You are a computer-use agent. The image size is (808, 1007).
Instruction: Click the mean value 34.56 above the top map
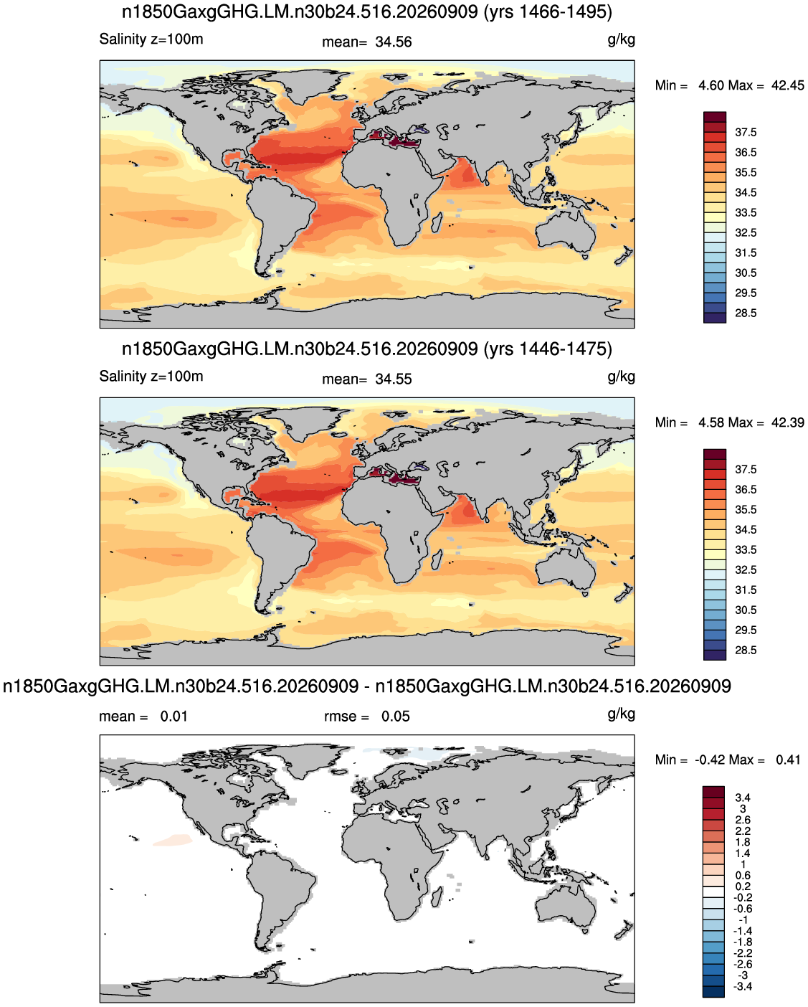coord(393,42)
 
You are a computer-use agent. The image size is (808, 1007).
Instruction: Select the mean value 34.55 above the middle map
coord(393,379)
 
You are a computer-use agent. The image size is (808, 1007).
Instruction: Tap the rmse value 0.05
coord(395,717)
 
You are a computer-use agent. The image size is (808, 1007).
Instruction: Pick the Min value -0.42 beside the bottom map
coord(710,760)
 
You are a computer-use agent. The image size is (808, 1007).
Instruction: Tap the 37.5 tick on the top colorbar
coord(746,133)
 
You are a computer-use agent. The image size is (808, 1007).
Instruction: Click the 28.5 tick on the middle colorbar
coord(746,650)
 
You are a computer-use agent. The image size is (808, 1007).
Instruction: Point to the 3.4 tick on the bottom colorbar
coord(743,798)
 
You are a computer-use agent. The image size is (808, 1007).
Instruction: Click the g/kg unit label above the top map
coord(622,39)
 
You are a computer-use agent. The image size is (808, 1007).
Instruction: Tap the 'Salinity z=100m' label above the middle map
coord(151,377)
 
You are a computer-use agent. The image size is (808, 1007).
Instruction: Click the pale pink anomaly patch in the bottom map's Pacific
coord(173,840)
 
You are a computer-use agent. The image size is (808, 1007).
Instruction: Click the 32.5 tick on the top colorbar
coord(746,232)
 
